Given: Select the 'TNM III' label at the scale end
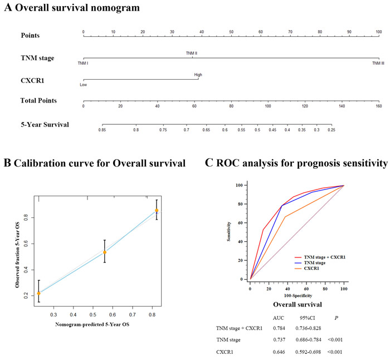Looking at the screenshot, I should point(378,64).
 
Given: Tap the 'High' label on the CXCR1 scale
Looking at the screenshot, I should point(198,74).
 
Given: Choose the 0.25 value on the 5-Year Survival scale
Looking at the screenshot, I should point(331,129).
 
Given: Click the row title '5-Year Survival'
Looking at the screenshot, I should point(45,124).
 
